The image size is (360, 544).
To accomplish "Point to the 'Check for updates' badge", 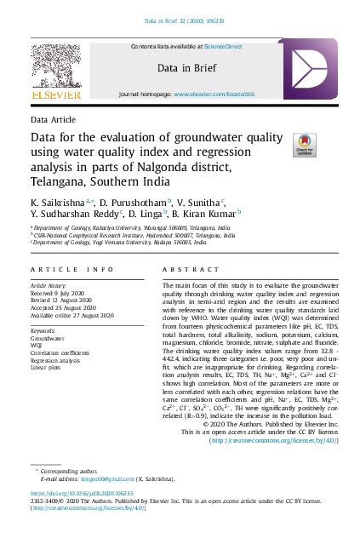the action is point(304,143).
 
